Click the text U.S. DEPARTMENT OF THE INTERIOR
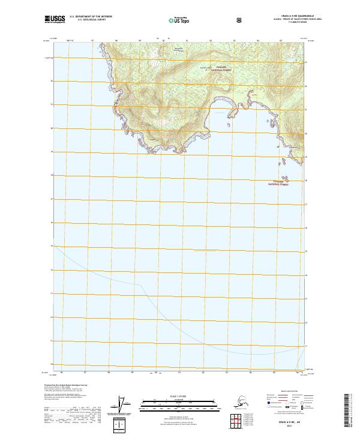point(91,17)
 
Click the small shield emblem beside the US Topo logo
point(239,20)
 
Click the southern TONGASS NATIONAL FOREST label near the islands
point(277,183)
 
